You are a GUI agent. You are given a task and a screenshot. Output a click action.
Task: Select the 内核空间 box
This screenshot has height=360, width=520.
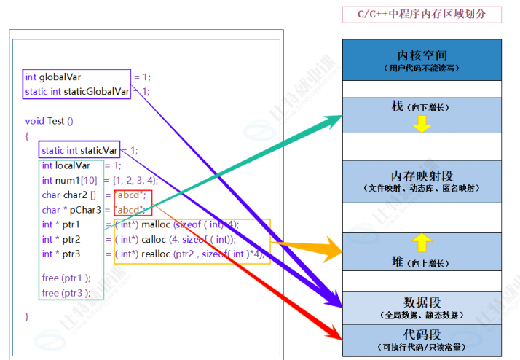tap(422, 60)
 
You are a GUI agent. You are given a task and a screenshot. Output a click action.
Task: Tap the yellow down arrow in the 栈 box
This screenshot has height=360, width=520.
tap(422, 125)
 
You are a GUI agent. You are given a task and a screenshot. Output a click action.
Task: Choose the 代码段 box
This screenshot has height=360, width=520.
tap(422, 340)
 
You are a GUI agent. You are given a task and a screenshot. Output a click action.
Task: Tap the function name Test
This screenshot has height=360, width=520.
tap(57, 121)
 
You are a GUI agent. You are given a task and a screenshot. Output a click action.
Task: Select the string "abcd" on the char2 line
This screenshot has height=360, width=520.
tap(132, 195)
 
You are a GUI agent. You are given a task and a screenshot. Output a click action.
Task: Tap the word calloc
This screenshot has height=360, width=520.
tap(153, 239)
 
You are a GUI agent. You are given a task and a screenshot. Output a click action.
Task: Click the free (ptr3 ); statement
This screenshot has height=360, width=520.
tap(66, 293)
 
